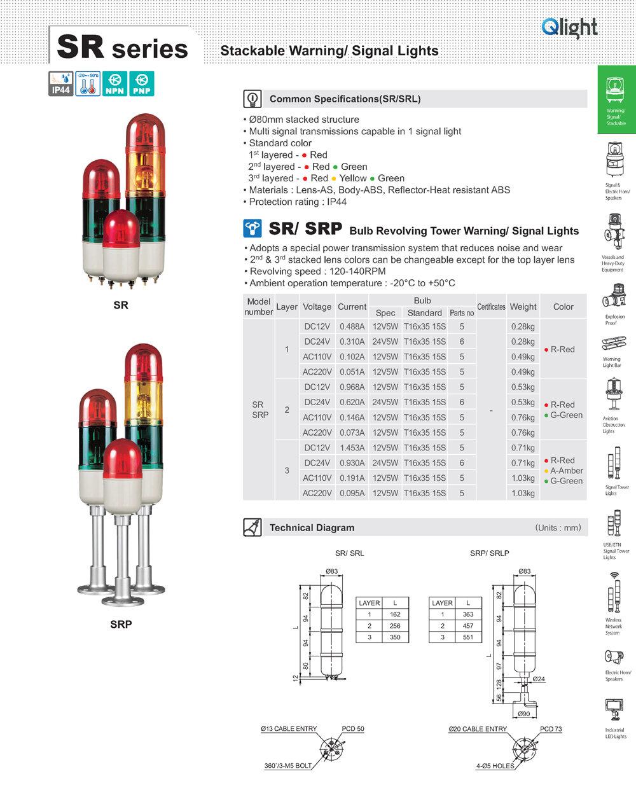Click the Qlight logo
(569, 27)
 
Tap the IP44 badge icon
(60, 84)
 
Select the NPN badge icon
(114, 84)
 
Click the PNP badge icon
(141, 84)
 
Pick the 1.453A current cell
(352, 448)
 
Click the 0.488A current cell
(352, 326)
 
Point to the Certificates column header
(491, 307)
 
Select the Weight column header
(523, 307)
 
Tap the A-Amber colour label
(566, 471)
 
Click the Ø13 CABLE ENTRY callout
(289, 729)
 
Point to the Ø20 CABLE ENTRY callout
(478, 729)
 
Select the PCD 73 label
(551, 729)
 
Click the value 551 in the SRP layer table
(468, 637)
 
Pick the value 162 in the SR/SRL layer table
(395, 614)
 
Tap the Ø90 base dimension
(523, 714)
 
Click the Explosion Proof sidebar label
(614, 319)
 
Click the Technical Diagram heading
(312, 527)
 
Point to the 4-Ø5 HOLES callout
(494, 766)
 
